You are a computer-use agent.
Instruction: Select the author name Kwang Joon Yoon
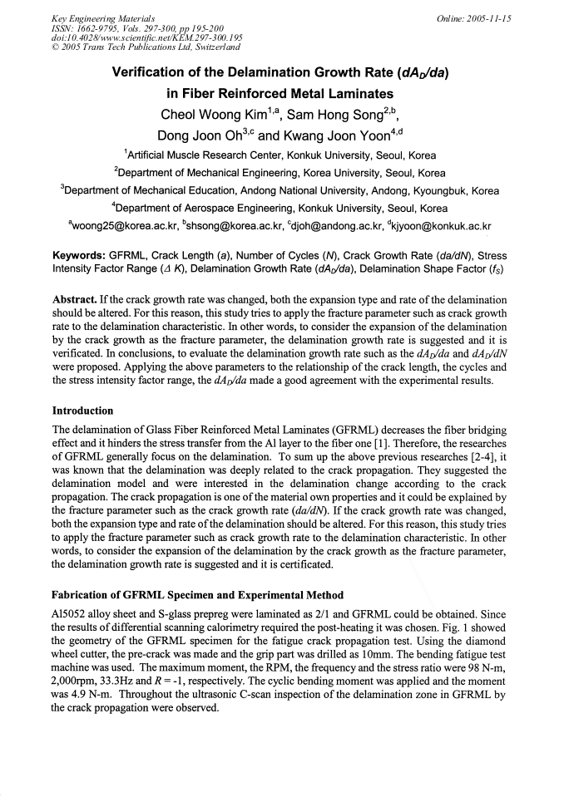click(x=349, y=135)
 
